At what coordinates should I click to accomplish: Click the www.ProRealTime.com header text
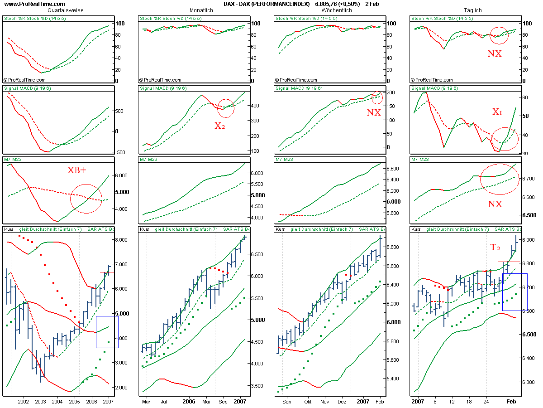click(28, 4)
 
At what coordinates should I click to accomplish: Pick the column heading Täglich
click(472, 10)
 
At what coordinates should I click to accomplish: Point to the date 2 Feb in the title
click(372, 4)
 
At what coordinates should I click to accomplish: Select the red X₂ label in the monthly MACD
click(219, 126)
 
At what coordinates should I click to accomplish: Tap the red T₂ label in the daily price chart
click(495, 248)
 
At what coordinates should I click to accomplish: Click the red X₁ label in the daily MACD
click(497, 112)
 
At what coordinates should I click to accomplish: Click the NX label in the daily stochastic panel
click(494, 53)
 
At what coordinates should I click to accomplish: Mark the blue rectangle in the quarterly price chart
click(107, 332)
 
